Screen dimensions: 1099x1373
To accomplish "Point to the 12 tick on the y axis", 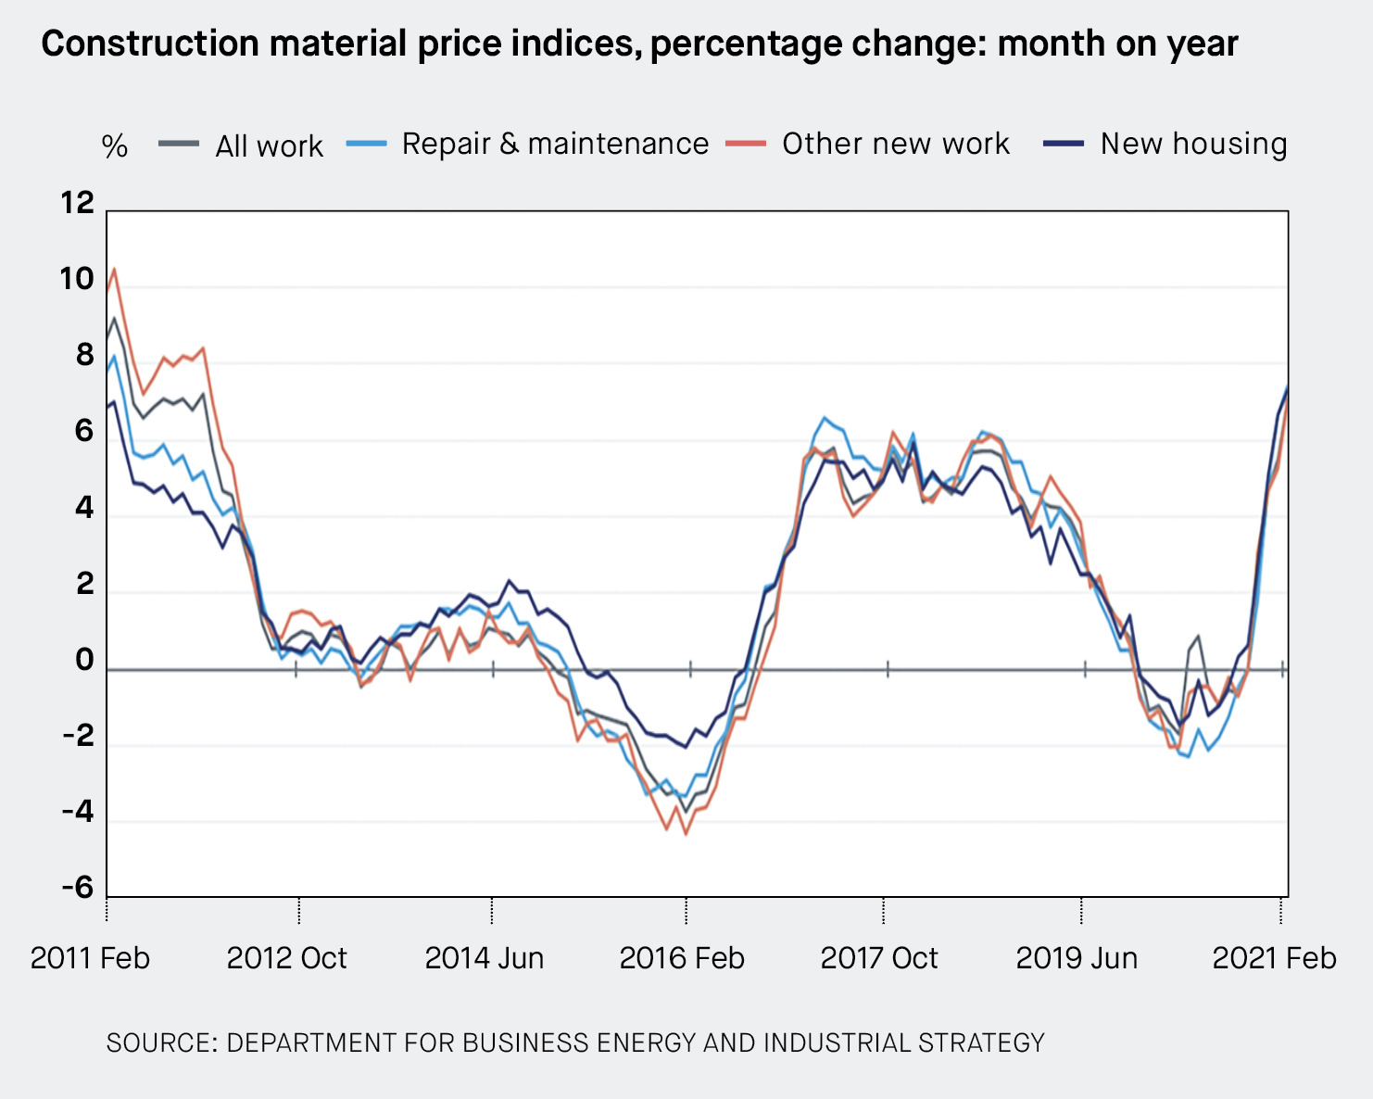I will pos(78,202).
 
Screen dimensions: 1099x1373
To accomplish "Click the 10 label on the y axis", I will pos(78,279).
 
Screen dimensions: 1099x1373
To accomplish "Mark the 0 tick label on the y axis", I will pos(84,660).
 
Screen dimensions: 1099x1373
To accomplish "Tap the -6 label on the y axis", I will pos(78,888).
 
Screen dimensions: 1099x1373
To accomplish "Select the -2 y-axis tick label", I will pos(78,736).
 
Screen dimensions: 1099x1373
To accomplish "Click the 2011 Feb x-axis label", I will pos(90,957).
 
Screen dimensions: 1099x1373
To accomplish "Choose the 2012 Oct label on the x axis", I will pos(286,957).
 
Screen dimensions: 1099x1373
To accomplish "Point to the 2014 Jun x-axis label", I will pos(484,957).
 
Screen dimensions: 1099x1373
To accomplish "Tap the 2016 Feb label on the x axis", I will pos(682,957).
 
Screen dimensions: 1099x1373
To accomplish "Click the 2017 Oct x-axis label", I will pos(878,957).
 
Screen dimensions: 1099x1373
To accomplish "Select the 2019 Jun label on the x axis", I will pos(1077,957).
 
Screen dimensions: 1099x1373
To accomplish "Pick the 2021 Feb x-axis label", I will pos(1274,957).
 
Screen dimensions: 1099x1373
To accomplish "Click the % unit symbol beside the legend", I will pos(114,146).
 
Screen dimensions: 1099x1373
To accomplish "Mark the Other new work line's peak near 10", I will pos(114,269).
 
